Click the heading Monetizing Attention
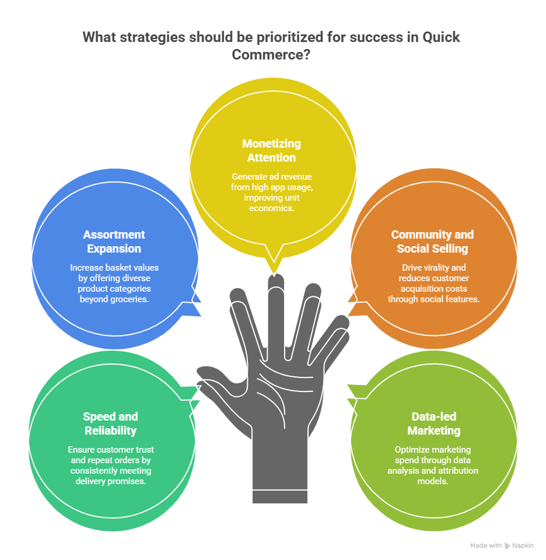(x=272, y=150)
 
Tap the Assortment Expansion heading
(x=114, y=242)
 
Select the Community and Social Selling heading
(x=432, y=242)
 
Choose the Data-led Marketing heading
(x=433, y=423)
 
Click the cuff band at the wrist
(x=280, y=496)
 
